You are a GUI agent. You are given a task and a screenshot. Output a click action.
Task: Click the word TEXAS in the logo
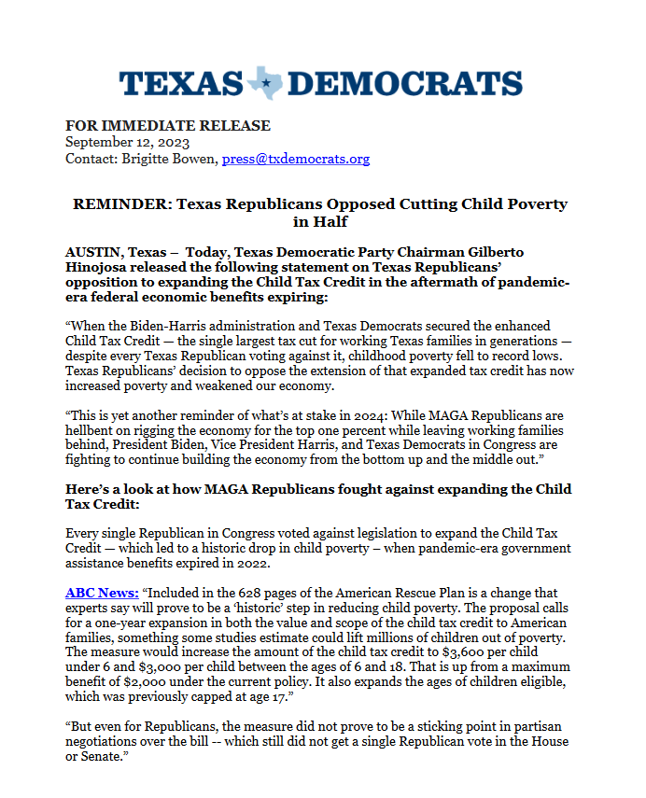pos(180,84)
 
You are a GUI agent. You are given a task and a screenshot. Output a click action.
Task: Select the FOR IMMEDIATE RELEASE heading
pos(168,126)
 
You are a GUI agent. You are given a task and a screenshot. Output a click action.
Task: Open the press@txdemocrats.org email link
pos(296,159)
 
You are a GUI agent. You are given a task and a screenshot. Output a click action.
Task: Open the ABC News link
pos(102,592)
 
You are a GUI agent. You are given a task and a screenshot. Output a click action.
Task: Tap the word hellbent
pos(94,429)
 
